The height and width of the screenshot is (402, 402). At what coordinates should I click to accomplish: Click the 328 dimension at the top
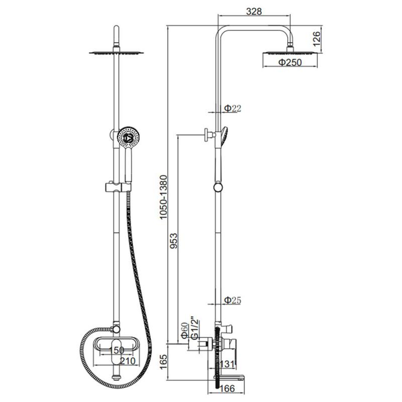coord(254,11)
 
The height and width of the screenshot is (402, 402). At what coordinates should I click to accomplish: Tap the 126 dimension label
coord(317,39)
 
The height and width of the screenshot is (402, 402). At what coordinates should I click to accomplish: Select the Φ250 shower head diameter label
coord(290,62)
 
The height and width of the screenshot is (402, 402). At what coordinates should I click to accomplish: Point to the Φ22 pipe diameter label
coord(233,108)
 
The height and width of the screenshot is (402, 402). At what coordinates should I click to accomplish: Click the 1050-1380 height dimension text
coord(163,197)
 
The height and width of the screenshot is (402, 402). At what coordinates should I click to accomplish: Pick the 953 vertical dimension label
coord(173,241)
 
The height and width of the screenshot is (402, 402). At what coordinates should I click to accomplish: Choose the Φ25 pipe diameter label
coord(233,300)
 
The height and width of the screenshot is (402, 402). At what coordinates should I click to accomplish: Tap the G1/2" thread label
coord(195,329)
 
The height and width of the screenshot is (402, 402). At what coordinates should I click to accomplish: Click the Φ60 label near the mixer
coord(184,331)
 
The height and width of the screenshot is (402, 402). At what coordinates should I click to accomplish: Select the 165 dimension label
coord(163,362)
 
